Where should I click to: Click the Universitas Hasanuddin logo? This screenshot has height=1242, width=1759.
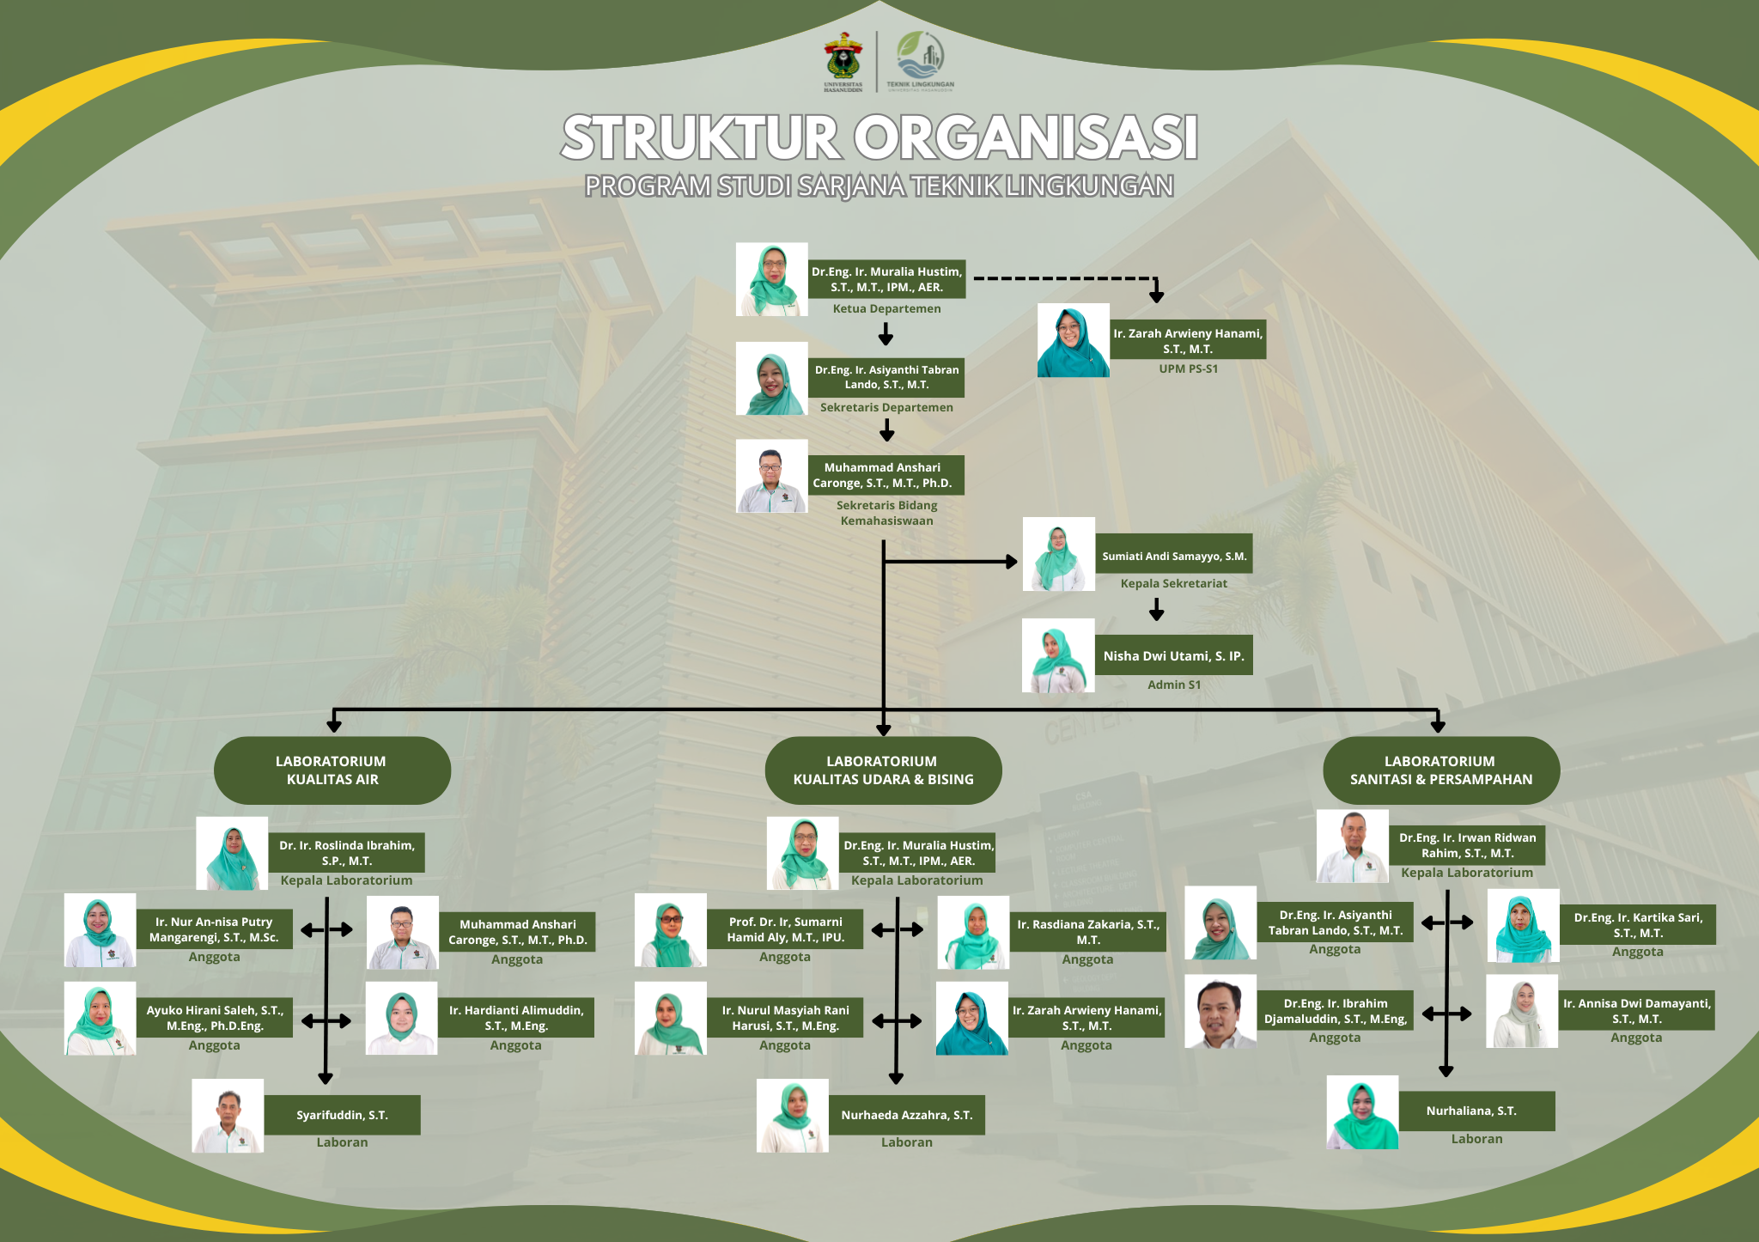point(843,61)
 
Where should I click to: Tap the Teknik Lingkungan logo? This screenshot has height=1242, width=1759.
point(920,61)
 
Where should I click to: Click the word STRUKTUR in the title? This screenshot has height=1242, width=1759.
point(701,137)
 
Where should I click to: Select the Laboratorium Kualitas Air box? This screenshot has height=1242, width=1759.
point(332,770)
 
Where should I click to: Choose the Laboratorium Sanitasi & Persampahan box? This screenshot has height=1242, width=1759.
point(1441,770)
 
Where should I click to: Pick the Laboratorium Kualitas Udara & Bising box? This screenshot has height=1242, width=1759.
point(883,770)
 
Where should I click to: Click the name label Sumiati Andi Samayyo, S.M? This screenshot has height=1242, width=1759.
point(1174,556)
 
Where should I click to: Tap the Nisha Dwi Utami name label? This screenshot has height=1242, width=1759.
point(1173,655)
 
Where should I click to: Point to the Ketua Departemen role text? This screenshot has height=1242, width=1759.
point(886,308)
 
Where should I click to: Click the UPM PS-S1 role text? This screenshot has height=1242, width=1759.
point(1189,368)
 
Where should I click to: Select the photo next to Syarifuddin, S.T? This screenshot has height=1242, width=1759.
point(228,1115)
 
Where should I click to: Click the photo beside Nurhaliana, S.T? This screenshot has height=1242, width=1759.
point(1362,1112)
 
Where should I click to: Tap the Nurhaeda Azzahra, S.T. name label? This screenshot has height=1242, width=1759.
point(907,1115)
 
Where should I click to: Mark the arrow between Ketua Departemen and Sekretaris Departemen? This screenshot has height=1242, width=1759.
point(886,333)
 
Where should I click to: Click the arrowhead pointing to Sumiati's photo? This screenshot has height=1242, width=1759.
point(1012,562)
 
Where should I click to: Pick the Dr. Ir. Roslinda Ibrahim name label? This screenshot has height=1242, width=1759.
point(346,853)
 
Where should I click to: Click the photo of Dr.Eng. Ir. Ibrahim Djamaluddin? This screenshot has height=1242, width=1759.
point(1220,1011)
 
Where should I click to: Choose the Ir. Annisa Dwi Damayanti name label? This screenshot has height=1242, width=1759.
point(1636,1010)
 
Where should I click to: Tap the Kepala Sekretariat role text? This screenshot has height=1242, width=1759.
point(1174,583)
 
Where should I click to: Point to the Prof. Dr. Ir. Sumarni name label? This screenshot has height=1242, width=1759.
point(785,929)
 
